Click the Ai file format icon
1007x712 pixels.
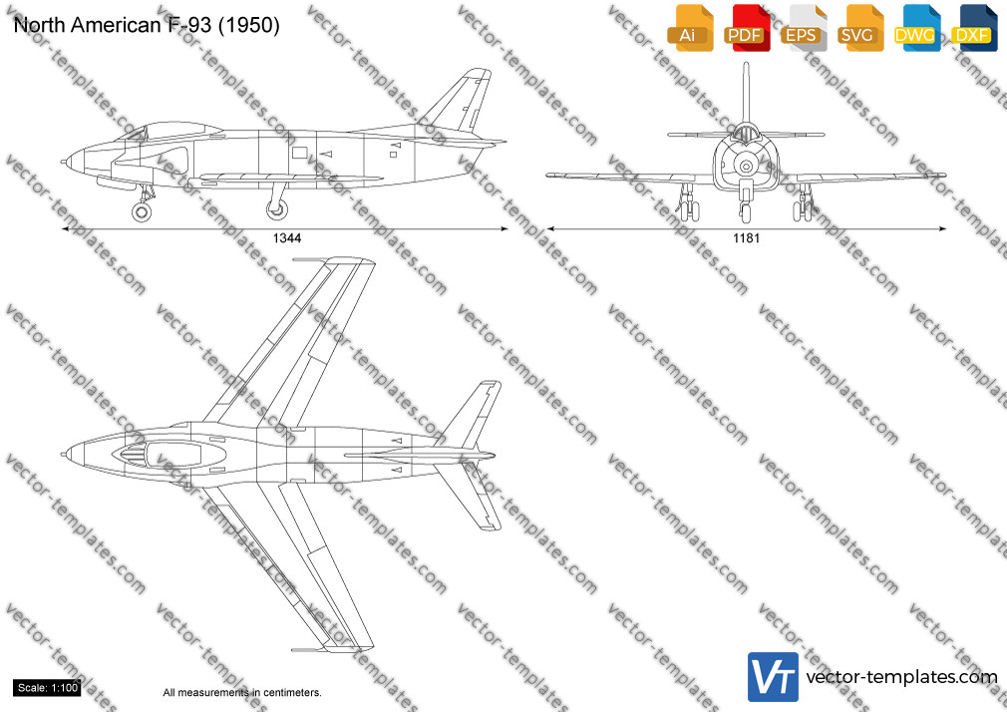tap(690, 28)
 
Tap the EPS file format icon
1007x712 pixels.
tap(804, 28)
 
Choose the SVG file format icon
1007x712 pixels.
tap(860, 28)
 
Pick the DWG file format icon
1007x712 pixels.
tap(917, 28)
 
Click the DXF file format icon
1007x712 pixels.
tap(974, 28)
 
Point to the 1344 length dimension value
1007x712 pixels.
tap(287, 238)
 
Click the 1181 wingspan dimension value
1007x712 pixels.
tap(746, 238)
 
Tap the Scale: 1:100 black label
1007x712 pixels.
tap(48, 688)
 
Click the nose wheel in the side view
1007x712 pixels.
tap(142, 211)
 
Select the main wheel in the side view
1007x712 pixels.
tap(277, 208)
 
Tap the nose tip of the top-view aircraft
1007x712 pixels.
tap(63, 455)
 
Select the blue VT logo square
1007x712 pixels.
tap(774, 677)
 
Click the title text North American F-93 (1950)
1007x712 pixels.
tap(147, 25)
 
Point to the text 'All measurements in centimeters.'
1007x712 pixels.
tap(242, 693)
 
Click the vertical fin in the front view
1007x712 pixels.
tap(746, 93)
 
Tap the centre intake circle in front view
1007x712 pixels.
tap(746, 167)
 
